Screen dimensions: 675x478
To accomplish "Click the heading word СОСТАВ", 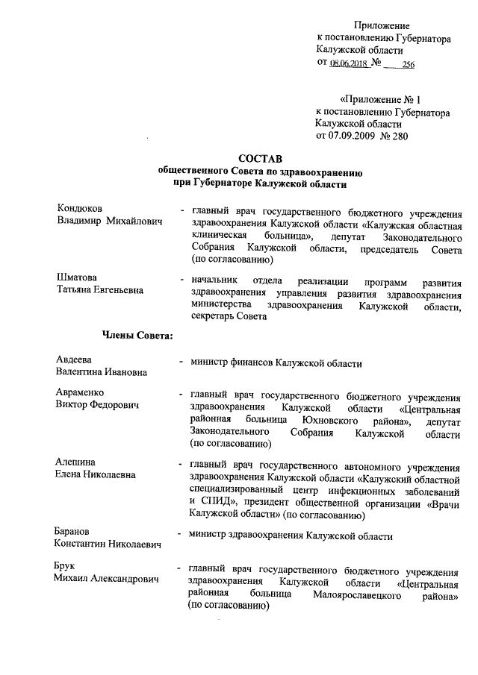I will (258, 157).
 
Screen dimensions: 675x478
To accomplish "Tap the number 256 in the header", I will (408, 65).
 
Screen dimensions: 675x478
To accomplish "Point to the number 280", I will (408, 136).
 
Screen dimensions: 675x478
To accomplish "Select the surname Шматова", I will (77, 278).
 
